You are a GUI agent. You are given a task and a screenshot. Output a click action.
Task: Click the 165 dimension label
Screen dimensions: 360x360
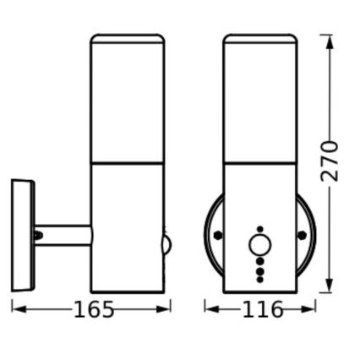pyautogui.click(x=93, y=310)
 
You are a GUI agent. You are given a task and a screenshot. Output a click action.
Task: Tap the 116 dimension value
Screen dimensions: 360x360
pyautogui.click(x=262, y=310)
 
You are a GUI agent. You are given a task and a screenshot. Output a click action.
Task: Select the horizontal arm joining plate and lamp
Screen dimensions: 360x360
pyautogui.click(x=63, y=236)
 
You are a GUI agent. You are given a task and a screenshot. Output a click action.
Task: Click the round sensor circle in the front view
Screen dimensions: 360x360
pyautogui.click(x=259, y=247)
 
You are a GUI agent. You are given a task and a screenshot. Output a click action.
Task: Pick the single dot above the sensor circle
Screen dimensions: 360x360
pyautogui.click(x=259, y=228)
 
